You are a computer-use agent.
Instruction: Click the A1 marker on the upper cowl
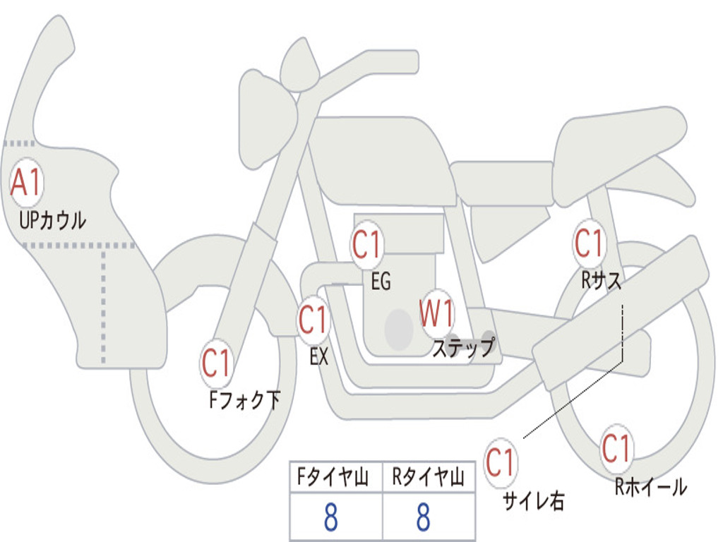(x=27, y=183)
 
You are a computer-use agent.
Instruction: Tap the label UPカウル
(x=53, y=220)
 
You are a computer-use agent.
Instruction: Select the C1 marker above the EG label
(x=367, y=245)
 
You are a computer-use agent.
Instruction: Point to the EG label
(x=381, y=282)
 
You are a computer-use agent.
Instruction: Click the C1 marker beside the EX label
(x=313, y=320)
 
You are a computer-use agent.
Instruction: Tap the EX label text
(x=319, y=357)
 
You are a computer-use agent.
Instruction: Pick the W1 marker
(x=437, y=313)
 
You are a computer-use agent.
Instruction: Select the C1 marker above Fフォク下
(x=217, y=363)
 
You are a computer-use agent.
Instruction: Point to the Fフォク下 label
(x=244, y=401)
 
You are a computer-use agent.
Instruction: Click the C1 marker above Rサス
(x=589, y=243)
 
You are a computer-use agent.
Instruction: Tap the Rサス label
(x=602, y=281)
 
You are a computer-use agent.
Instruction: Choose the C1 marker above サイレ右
(x=500, y=463)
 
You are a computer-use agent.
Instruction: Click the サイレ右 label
(x=534, y=500)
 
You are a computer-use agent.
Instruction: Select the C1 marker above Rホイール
(x=616, y=448)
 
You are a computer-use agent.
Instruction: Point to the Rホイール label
(x=650, y=486)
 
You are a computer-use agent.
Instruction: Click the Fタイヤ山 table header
(x=332, y=479)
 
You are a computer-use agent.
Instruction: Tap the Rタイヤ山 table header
(x=428, y=479)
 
